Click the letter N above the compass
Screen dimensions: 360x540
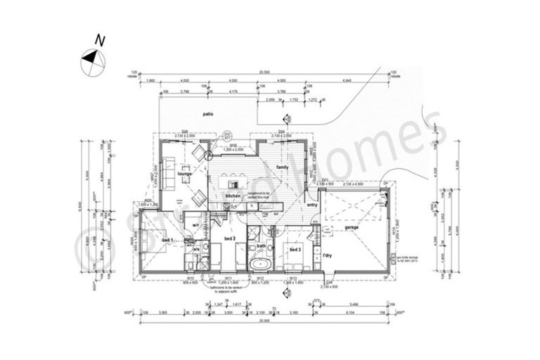point(101,41)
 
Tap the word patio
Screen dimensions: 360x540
point(207,114)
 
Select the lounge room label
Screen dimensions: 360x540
point(185,173)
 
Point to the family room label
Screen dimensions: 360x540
point(283,167)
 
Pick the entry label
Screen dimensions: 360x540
point(313,205)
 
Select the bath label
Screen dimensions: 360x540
point(261,246)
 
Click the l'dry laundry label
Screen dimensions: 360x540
point(328,256)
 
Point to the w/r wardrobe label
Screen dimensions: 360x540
point(196,224)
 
